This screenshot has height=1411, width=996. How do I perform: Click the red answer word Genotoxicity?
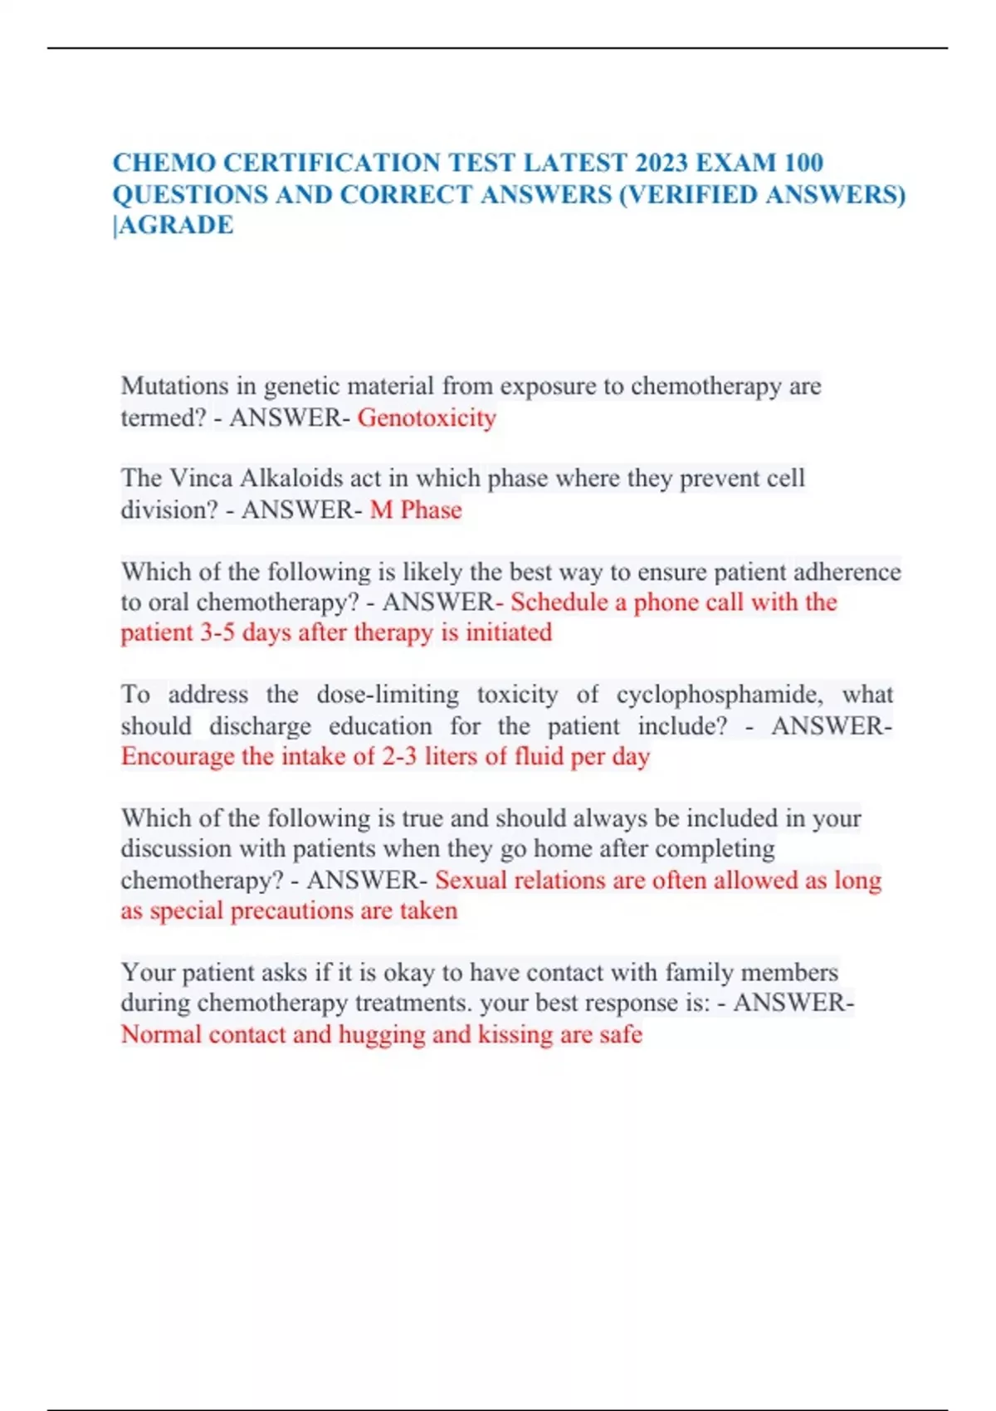point(427,417)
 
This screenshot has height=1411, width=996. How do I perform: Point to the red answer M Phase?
point(416,510)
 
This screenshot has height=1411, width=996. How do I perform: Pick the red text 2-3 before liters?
point(399,756)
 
